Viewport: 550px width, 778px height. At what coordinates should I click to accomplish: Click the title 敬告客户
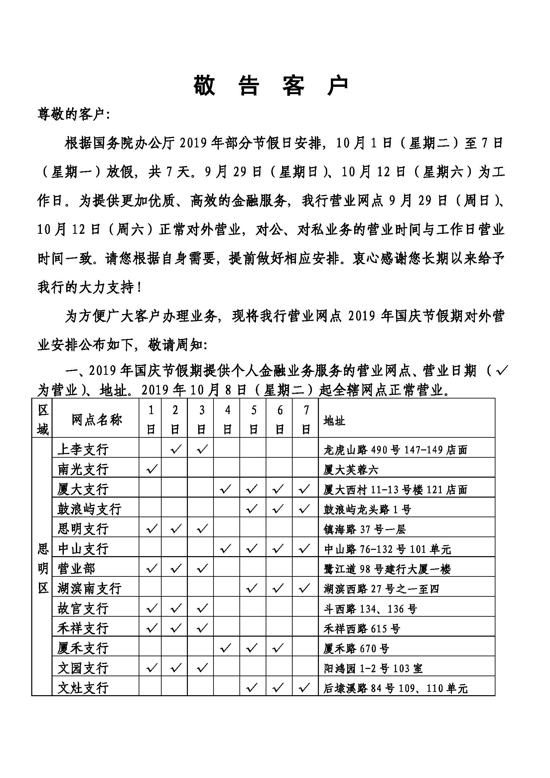(271, 85)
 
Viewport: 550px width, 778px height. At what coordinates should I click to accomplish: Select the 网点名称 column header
(96, 420)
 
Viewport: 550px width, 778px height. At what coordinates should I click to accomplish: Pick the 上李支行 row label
(83, 449)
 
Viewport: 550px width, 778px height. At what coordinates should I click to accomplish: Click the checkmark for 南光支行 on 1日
(151, 469)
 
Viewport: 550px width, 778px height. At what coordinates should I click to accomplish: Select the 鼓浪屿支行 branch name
(89, 509)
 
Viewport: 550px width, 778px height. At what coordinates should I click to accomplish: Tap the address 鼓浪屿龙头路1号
(367, 509)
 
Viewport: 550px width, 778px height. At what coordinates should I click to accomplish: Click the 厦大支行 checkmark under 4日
(226, 489)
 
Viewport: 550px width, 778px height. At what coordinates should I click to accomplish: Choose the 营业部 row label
(76, 568)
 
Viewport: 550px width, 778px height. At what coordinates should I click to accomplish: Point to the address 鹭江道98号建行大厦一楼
(387, 569)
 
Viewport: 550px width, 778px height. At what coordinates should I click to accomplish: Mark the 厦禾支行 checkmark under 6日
(278, 648)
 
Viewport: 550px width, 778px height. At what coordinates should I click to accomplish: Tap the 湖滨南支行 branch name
(89, 589)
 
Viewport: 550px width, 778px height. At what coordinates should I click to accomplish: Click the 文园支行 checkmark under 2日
(176, 668)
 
